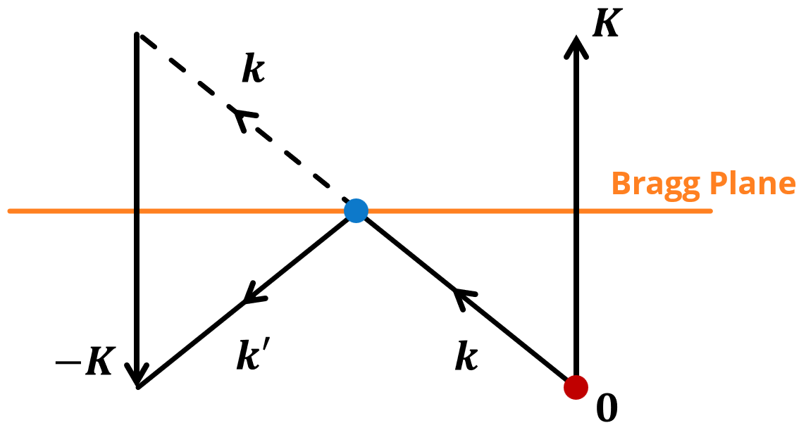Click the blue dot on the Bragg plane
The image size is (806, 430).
[356, 210]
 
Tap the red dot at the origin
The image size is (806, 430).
[576, 387]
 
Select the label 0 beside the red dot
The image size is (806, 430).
[607, 408]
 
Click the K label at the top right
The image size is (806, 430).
[607, 22]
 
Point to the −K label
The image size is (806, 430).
[85, 360]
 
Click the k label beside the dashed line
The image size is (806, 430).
[254, 68]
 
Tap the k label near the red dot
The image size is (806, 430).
[466, 355]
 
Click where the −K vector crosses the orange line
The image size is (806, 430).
[136, 210]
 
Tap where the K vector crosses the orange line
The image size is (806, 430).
[576, 210]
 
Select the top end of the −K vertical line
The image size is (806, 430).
[136, 34]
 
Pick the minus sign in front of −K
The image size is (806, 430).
[68, 363]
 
